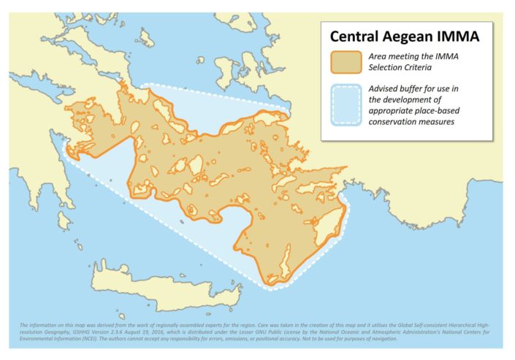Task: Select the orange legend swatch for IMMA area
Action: (346, 63)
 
